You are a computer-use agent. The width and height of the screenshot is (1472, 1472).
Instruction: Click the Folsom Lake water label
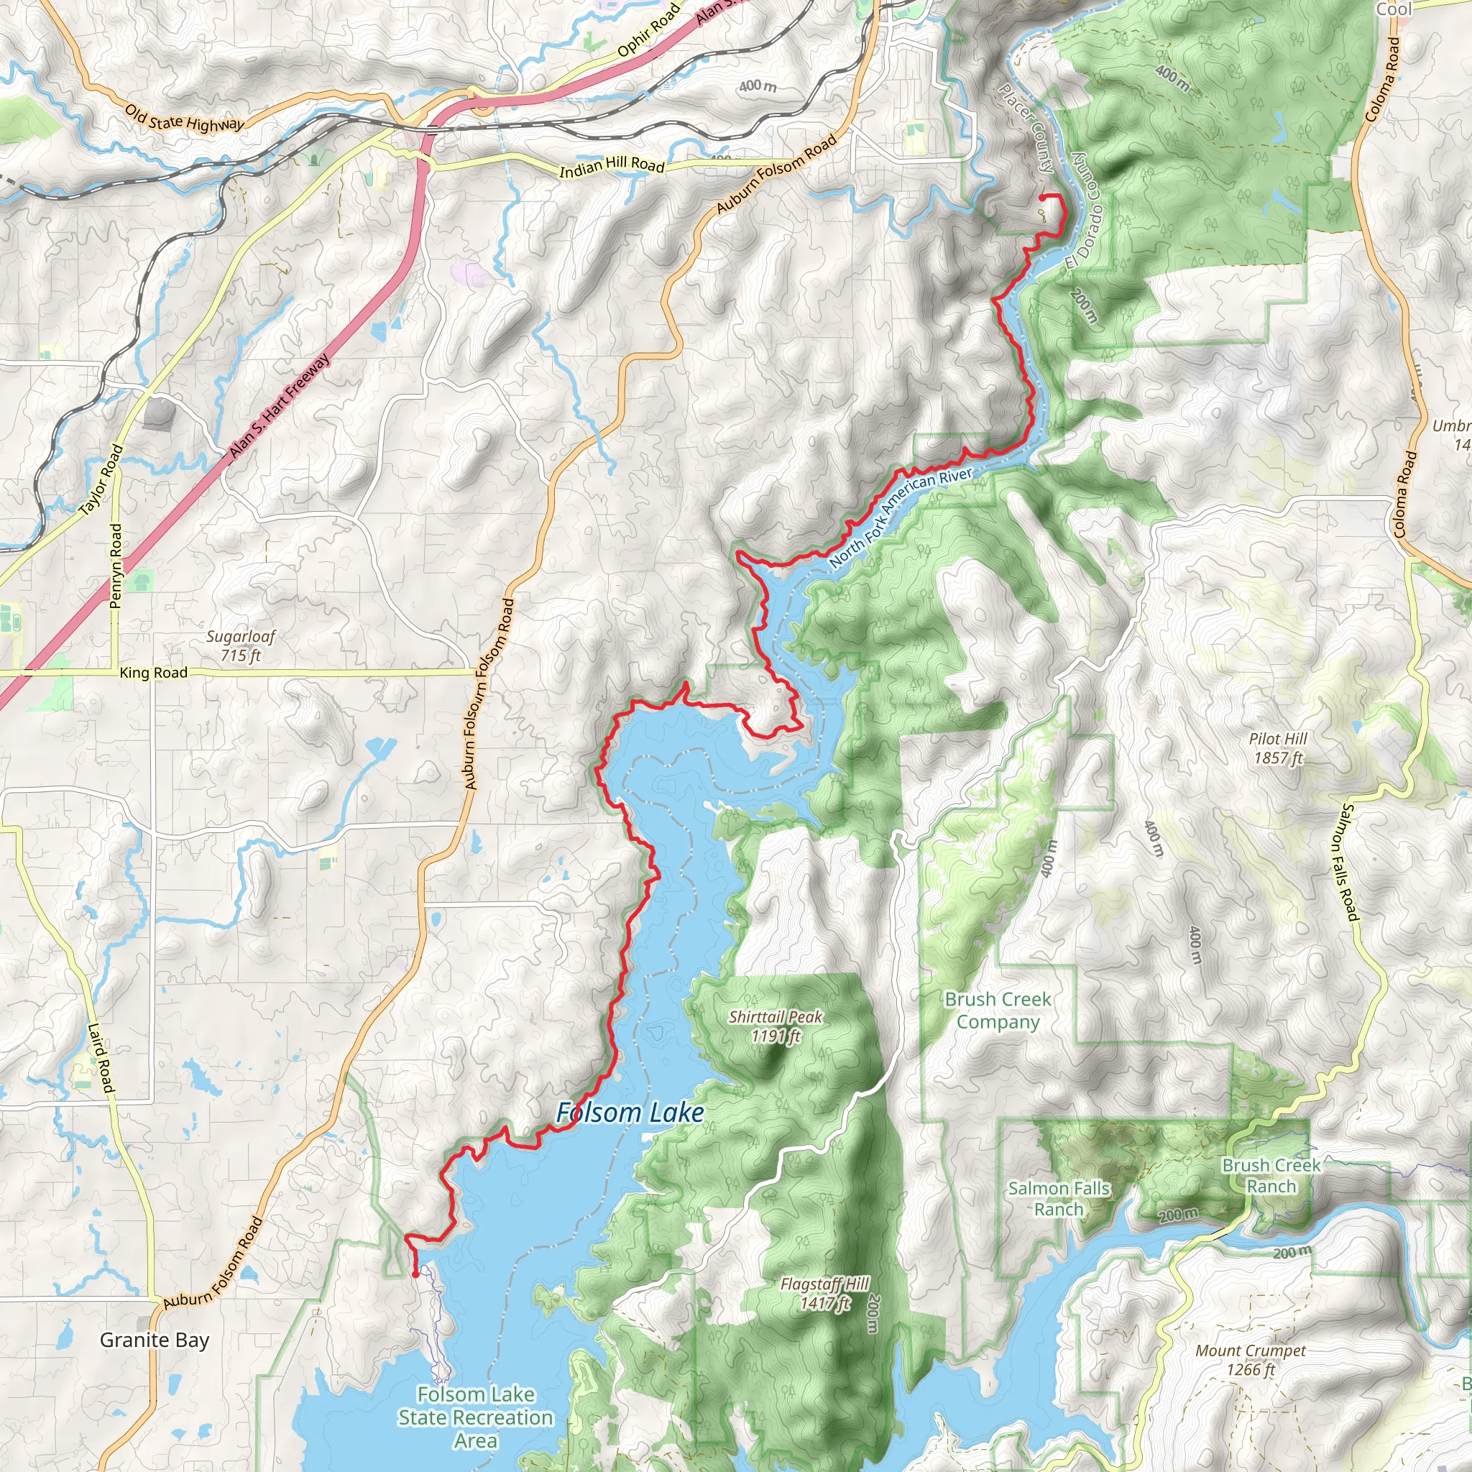coord(630,1113)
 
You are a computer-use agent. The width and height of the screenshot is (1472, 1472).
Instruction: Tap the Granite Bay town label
coord(154,1340)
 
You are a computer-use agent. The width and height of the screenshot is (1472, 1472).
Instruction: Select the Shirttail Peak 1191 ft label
coord(776,1026)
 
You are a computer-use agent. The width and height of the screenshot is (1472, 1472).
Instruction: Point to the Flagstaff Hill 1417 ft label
coord(824,1294)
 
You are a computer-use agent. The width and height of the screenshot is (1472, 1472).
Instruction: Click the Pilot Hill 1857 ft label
coord(1278,747)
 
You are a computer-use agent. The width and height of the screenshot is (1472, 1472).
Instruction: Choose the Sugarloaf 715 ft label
coord(241,645)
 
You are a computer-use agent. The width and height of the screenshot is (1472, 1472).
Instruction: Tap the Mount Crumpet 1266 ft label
coord(1251,1360)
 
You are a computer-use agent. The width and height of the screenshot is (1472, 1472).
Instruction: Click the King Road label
coord(153,673)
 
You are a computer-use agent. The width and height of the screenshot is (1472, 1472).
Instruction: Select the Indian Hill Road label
coord(612,165)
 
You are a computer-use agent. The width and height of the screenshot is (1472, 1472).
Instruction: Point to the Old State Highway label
coord(185,119)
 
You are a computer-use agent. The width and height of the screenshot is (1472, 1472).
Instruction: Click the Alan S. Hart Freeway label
coord(280,406)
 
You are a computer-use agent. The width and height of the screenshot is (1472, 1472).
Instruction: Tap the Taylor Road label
coord(101,481)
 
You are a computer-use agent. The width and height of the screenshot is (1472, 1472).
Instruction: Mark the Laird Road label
coord(101,1059)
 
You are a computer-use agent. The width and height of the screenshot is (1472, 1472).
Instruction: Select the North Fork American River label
coord(901,518)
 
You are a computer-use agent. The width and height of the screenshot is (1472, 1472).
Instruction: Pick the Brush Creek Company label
coord(998,1011)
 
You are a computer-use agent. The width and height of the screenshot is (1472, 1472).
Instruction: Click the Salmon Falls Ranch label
coord(1058,1198)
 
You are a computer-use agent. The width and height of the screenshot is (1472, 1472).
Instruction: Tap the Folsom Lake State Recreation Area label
coord(475,1417)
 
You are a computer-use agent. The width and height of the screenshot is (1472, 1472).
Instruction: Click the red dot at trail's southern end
coord(415,1274)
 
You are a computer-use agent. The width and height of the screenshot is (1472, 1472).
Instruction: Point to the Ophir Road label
coord(648,30)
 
